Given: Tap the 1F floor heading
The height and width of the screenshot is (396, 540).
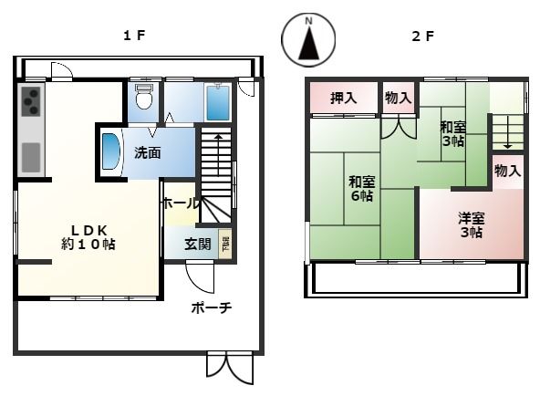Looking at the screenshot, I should pos(135,36).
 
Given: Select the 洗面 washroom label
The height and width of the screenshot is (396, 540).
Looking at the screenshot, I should pos(148,152).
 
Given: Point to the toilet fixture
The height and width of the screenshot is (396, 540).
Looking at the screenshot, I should pos(142,98).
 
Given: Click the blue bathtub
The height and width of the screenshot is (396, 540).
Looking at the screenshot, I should pos(216,103).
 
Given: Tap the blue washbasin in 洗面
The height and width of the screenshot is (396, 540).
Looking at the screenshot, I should pos(111,151).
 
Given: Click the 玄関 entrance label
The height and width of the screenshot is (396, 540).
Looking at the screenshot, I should pos(197,245).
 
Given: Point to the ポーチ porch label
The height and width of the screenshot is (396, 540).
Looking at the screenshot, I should pos(212,307).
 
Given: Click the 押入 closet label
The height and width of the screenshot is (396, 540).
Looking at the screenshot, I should pos(342,99).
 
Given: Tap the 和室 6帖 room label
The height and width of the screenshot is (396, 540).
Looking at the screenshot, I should pos(359,188).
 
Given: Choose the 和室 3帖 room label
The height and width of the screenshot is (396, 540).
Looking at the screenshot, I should pos(452,134).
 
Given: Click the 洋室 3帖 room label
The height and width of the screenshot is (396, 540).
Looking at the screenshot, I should pos(471,224).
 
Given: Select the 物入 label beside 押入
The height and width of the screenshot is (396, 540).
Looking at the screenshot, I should pos(398,99).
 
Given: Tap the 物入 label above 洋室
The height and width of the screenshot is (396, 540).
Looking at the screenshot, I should pos(507,171).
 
